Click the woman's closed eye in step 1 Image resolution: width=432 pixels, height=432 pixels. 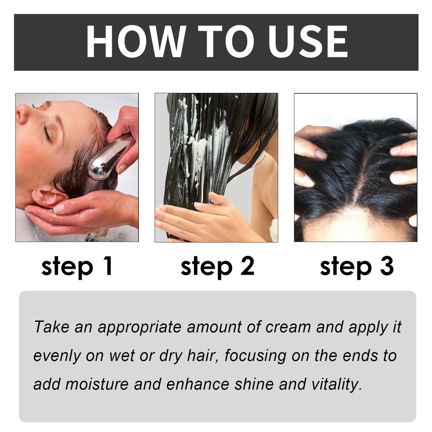coord(47,132)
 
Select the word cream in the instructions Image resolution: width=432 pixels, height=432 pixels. coord(288,327)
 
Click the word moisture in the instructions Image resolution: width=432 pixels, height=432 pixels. coord(97,384)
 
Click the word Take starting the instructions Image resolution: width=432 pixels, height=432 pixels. coord(51,327)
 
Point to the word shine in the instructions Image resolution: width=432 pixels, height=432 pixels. coord(254,384)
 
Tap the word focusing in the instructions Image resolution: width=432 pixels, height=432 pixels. coord(255,356)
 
